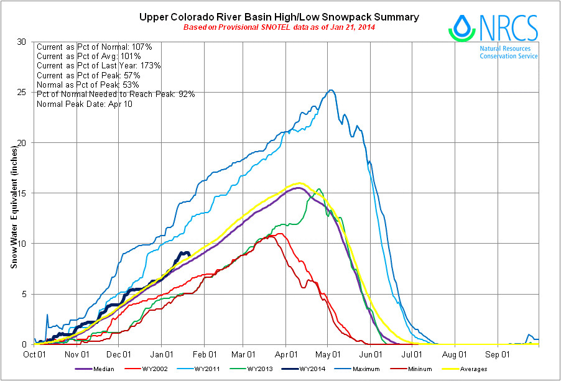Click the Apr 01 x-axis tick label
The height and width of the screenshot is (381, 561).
pos(285,355)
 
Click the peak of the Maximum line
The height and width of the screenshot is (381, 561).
pos(331,90)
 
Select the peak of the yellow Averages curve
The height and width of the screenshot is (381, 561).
pos(300,183)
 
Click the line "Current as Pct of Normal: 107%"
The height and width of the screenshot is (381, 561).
pos(95,47)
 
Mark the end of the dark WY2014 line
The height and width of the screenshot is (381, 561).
pos(189,254)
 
